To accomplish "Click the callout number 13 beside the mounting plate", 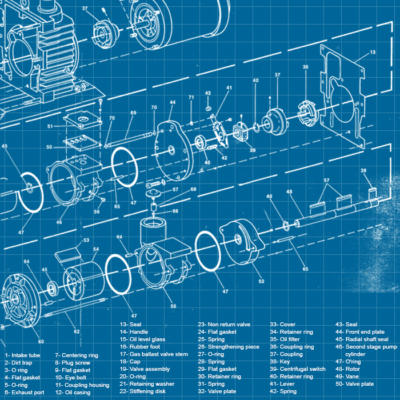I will (372, 52).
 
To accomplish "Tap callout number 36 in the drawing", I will (306, 67).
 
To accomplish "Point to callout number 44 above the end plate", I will (171, 103).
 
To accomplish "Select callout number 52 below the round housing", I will (261, 281).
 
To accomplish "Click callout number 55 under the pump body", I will (173, 306).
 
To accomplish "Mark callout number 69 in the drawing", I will (133, 113).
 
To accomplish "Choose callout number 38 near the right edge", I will (363, 171).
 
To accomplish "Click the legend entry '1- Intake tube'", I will (22, 355).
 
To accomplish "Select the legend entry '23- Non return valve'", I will (224, 325).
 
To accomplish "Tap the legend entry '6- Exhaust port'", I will (24, 393).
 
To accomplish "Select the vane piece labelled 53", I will (71, 251).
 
